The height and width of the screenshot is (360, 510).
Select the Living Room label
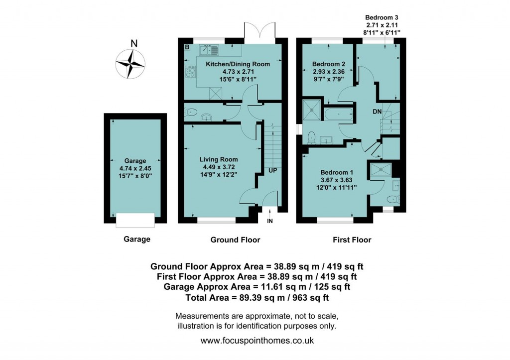tap(219, 159)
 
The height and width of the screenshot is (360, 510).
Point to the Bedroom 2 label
tap(329, 64)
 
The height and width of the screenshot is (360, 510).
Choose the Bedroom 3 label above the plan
tap(382, 16)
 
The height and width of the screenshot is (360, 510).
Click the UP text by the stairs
tap(273, 170)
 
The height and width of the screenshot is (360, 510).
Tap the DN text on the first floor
tap(377, 112)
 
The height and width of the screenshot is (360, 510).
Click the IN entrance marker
tap(269, 221)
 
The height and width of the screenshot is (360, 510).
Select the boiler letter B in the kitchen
tap(188, 47)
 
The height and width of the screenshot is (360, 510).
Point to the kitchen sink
tap(209, 49)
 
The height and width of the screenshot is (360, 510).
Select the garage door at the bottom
tap(135, 220)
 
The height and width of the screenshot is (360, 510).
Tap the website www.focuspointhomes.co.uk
tap(256, 341)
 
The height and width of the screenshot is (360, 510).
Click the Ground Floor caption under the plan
tap(235, 240)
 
